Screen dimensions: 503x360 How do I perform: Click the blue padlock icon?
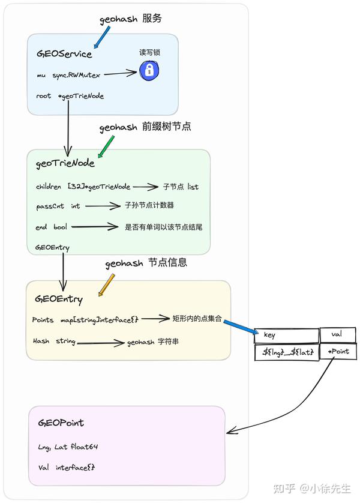(x=149, y=71)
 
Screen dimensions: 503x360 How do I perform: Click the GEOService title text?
(x=64, y=54)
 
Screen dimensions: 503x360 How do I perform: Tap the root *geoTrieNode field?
(x=70, y=96)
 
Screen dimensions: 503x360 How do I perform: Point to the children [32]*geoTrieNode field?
(x=83, y=187)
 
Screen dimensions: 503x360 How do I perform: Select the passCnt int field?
(x=58, y=206)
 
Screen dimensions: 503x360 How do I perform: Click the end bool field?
(x=51, y=227)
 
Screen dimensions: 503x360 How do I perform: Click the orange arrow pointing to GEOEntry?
(x=106, y=285)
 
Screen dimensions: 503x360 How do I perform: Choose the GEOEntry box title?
(x=59, y=299)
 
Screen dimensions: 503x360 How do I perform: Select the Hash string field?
(x=54, y=341)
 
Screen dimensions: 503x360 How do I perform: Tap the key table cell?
(x=286, y=336)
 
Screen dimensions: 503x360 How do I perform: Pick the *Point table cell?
(x=338, y=352)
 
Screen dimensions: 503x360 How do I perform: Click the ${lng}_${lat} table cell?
(x=286, y=352)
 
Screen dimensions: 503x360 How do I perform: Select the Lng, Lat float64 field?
(x=67, y=446)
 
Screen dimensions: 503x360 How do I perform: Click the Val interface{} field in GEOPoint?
(x=67, y=467)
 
